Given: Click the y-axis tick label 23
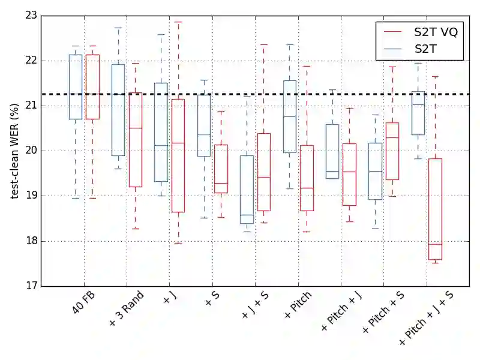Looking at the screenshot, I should [29, 15].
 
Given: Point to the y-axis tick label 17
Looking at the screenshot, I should [29, 286].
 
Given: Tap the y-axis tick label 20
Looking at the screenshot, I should [29, 151].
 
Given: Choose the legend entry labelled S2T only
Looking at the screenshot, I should [427, 50].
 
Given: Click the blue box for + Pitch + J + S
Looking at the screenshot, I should [418, 113].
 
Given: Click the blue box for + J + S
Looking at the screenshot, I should [247, 190].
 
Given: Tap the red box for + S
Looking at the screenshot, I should [221, 169].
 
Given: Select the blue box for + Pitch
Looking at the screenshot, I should [290, 116].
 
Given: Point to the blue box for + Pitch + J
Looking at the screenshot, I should [332, 151].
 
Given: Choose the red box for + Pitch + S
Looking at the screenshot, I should [392, 151].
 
